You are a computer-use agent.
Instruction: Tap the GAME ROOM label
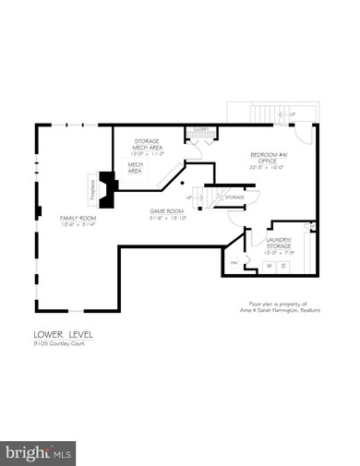169,211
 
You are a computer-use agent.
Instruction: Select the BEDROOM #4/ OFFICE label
270,158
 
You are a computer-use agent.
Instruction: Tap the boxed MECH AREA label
135,167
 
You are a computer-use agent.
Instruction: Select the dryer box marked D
284,266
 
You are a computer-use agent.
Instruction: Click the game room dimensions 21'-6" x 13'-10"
169,218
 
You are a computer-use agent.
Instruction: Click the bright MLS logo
38,452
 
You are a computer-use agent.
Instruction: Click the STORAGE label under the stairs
234,197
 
